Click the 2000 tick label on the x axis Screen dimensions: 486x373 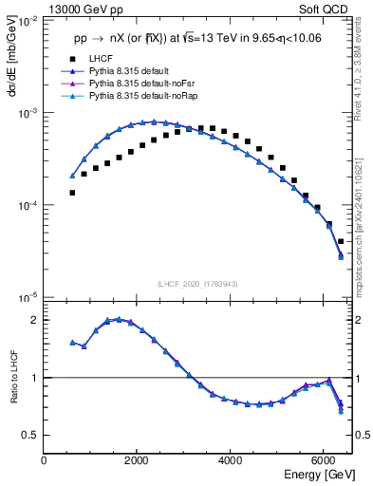coord(138,459)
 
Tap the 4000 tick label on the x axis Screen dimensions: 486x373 coord(231,459)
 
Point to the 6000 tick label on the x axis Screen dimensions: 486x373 coord(324,459)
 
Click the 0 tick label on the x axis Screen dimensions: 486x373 coord(45,459)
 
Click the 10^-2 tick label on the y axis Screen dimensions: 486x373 coord(27,21)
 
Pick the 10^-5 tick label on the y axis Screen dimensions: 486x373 coord(27,299)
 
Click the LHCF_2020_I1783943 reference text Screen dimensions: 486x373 coord(197,284)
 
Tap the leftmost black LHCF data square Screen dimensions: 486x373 coord(72,193)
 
